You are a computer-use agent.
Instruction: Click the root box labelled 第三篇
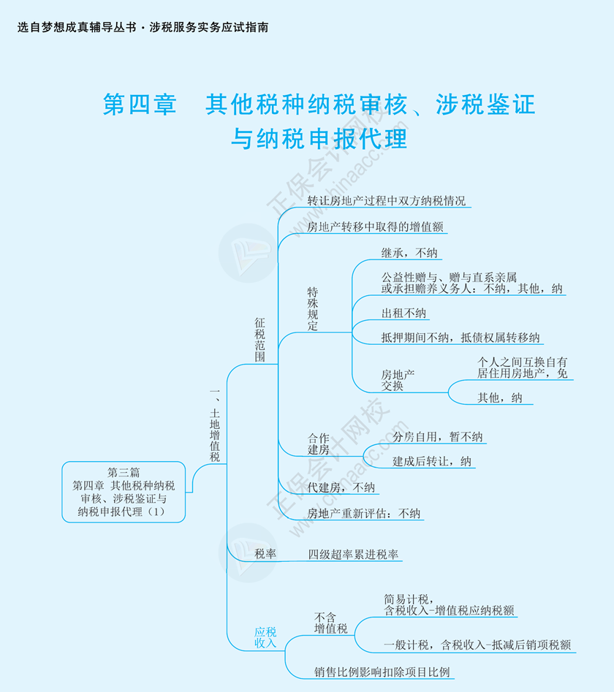click(124, 492)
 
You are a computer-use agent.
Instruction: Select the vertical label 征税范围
click(260, 339)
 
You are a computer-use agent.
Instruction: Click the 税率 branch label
click(265, 554)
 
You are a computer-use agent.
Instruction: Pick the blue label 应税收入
click(265, 637)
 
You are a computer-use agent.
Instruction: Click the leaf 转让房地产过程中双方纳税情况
click(386, 201)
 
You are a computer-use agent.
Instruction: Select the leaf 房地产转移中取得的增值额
click(375, 227)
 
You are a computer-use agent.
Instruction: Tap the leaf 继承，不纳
click(409, 253)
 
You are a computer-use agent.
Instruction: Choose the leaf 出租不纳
click(404, 313)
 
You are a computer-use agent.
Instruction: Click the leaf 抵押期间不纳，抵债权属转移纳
click(460, 337)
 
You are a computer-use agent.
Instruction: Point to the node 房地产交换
click(398, 380)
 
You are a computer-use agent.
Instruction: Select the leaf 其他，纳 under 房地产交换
click(500, 398)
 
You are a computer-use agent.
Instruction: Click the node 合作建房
click(318, 444)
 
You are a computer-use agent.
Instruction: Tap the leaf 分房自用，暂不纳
click(437, 437)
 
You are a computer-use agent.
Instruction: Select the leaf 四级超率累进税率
click(353, 554)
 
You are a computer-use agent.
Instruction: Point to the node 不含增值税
click(330, 622)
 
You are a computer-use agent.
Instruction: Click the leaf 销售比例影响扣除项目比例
click(382, 672)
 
